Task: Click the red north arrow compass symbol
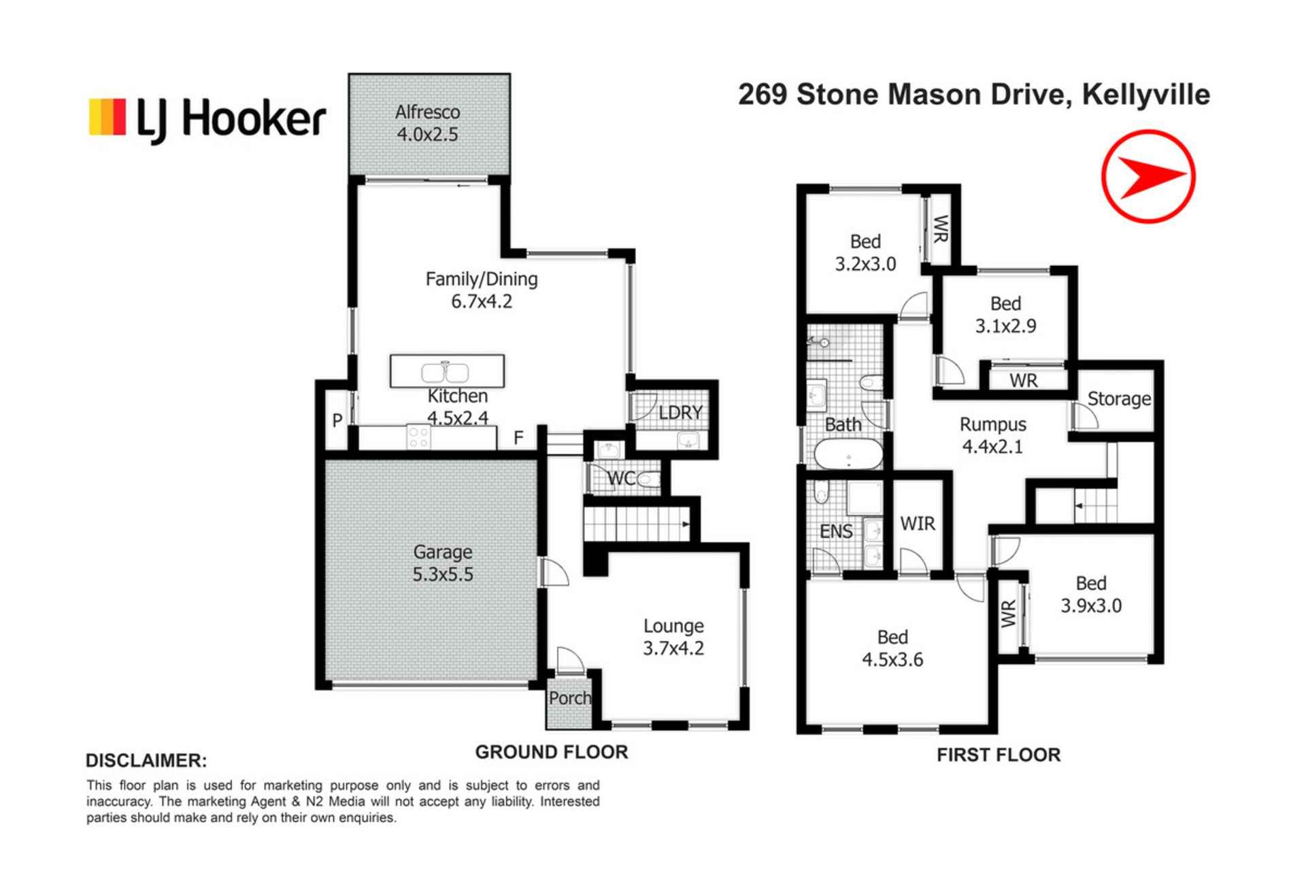(x=1148, y=176)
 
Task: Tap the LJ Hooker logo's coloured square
(x=107, y=117)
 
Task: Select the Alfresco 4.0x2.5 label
(x=428, y=123)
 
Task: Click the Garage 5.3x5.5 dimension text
(x=443, y=563)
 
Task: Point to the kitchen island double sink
(x=445, y=372)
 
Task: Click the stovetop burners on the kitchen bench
(x=418, y=437)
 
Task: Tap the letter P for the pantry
(x=337, y=421)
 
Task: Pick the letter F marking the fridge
(x=519, y=438)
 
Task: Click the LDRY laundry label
(x=680, y=412)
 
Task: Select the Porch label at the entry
(x=570, y=698)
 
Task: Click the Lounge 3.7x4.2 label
(x=674, y=637)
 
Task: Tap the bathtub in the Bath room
(x=848, y=454)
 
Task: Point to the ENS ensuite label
(x=836, y=531)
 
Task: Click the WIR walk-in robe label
(x=918, y=523)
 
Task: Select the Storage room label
(x=1119, y=399)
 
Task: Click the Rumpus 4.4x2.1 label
(x=993, y=435)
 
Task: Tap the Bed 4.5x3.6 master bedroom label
(x=892, y=648)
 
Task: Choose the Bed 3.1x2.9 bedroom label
(x=1006, y=314)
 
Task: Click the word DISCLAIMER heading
(x=146, y=760)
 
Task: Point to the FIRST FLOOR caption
(x=999, y=755)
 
